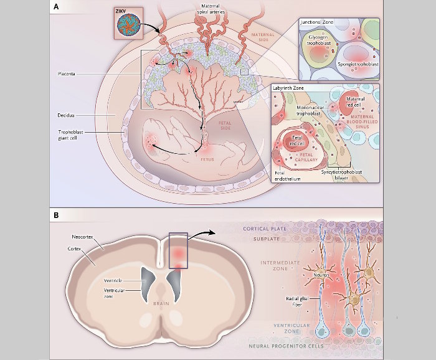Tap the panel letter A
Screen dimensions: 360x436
click(57, 7)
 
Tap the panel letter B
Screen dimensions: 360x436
click(57, 216)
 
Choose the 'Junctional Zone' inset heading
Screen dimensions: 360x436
click(318, 21)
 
